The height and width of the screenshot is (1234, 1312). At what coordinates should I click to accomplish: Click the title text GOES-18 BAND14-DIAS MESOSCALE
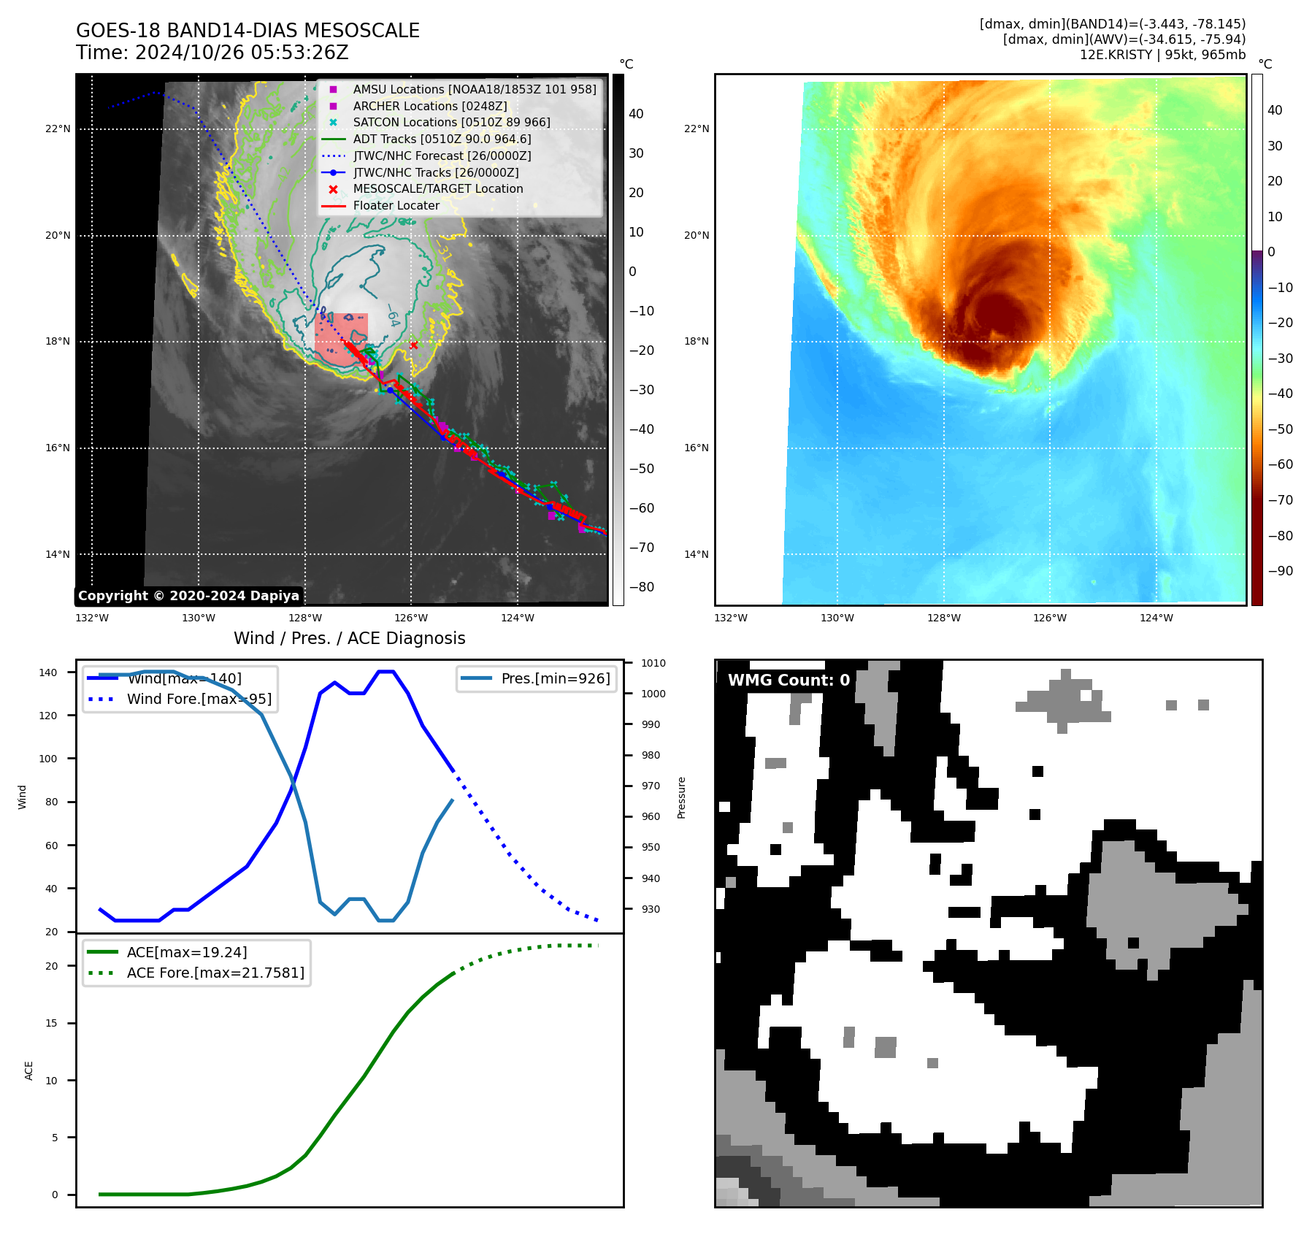click(248, 31)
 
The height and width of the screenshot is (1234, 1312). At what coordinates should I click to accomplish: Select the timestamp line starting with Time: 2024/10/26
click(212, 53)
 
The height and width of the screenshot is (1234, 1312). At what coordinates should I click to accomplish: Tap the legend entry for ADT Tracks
click(442, 139)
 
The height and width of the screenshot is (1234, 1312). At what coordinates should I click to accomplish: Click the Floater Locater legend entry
click(396, 205)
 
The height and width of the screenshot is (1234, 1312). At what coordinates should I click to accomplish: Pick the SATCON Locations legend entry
click(451, 122)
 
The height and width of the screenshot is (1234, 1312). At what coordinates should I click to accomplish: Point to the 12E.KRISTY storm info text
click(1162, 55)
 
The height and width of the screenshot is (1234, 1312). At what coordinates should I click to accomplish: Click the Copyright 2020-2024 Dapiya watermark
click(188, 596)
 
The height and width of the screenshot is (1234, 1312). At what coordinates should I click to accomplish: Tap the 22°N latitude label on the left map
click(58, 129)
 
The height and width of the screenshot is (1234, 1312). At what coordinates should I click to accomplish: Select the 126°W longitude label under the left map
click(411, 618)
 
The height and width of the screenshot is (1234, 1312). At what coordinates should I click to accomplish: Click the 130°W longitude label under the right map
click(837, 618)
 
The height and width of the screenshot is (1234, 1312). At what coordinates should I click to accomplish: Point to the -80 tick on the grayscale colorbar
click(642, 587)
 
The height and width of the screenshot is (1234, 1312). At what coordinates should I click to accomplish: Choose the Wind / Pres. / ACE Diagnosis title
click(349, 638)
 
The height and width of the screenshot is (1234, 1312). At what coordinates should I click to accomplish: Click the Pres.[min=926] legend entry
click(555, 678)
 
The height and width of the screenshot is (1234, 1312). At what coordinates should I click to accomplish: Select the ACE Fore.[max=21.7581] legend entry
click(215, 973)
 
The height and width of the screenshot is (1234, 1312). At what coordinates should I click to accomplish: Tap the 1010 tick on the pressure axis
click(653, 663)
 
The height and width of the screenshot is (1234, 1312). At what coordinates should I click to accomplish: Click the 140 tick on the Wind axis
click(48, 672)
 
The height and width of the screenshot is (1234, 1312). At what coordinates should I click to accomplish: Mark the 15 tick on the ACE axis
click(51, 1023)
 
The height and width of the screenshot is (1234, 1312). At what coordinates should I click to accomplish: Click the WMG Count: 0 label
click(789, 681)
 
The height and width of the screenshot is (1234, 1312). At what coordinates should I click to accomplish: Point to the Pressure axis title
click(681, 797)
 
